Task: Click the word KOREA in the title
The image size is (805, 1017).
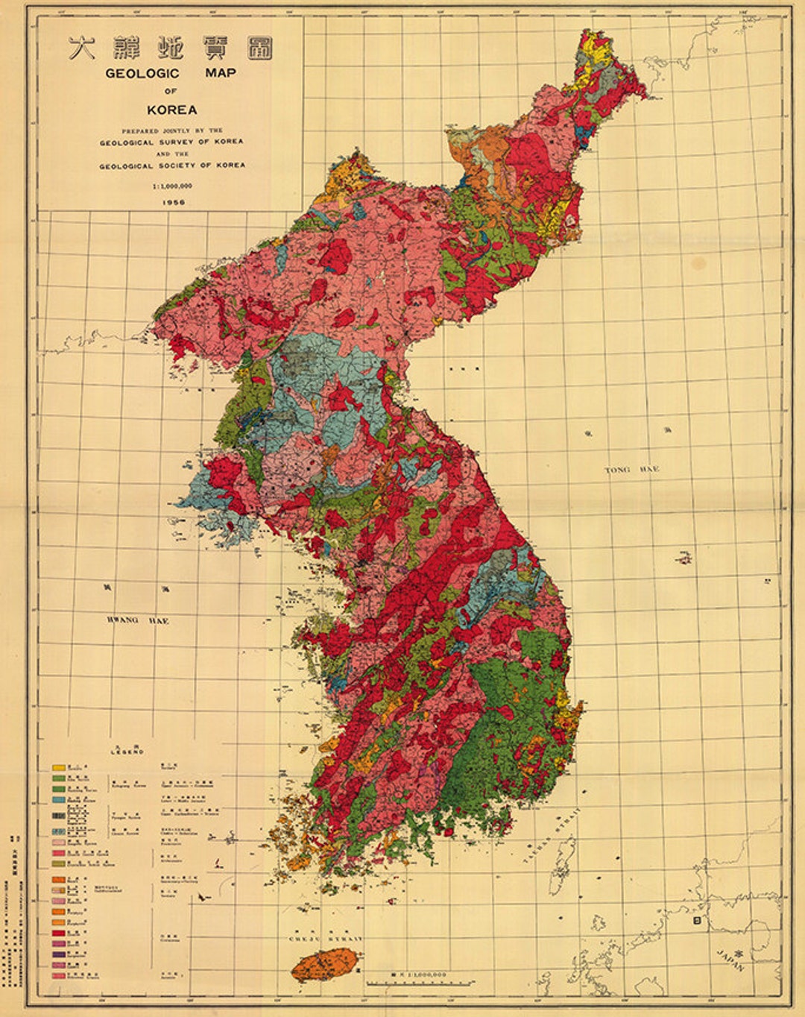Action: coord(171,110)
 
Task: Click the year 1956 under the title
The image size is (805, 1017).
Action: coord(171,202)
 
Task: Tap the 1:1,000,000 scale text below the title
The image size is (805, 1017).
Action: coord(171,186)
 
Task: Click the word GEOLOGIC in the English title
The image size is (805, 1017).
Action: coord(142,73)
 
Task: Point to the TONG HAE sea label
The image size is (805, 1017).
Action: coord(632,470)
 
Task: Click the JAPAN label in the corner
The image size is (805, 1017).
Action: coord(730,960)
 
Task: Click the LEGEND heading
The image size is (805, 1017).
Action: coord(127,752)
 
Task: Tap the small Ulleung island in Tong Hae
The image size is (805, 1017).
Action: coord(684,557)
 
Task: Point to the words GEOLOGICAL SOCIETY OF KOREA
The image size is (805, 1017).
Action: coord(171,166)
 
